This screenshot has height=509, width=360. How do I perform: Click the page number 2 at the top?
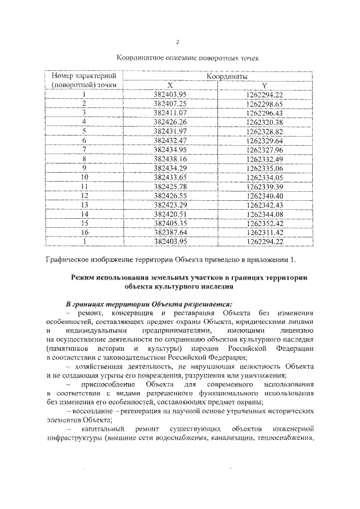coord(177,42)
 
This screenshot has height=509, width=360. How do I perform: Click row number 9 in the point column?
coord(83,168)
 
